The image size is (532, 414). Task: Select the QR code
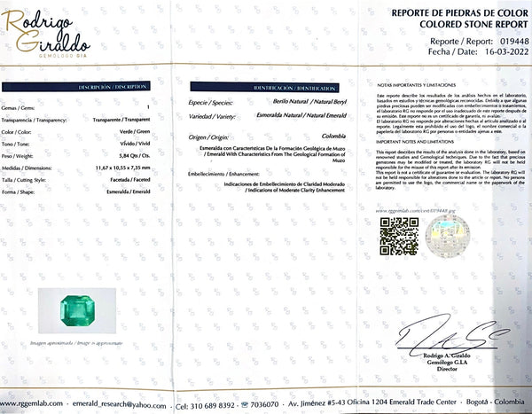(398, 235)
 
